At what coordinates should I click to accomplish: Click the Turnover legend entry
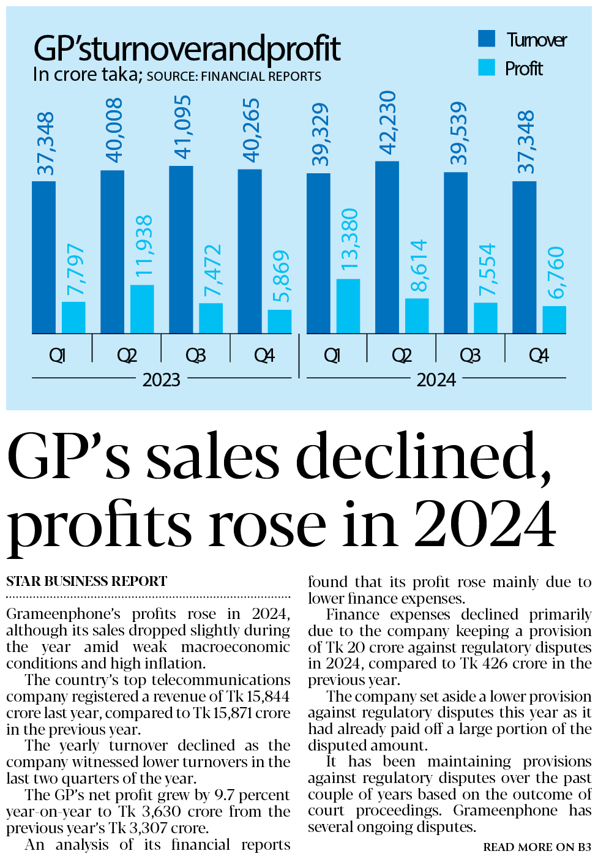(x=522, y=40)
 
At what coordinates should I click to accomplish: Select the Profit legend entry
(x=510, y=68)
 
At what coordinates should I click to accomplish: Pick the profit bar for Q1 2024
(x=348, y=306)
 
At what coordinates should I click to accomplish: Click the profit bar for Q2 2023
(x=142, y=309)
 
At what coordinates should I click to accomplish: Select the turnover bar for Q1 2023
(x=43, y=257)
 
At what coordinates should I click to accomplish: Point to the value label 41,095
(x=182, y=127)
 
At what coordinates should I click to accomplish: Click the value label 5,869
(x=281, y=276)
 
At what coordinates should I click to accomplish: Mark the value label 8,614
(x=419, y=266)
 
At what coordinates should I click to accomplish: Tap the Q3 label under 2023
(x=195, y=356)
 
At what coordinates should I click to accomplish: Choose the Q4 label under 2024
(x=539, y=356)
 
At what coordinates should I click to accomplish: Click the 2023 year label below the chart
(x=161, y=380)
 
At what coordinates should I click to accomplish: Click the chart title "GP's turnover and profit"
(x=187, y=49)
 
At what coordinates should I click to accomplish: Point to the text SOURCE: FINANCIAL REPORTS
(x=234, y=77)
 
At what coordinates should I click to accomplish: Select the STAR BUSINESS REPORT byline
(x=86, y=581)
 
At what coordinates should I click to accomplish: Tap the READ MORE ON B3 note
(x=537, y=847)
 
